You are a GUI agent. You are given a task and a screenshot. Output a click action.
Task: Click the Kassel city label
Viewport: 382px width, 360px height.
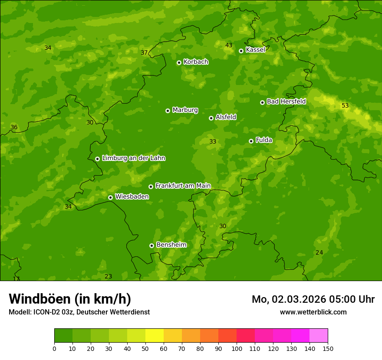pos(255,50)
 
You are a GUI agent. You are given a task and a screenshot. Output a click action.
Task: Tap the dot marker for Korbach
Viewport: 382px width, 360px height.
pos(179,62)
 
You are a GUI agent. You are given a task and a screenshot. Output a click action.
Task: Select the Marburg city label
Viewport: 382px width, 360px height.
pos(185,110)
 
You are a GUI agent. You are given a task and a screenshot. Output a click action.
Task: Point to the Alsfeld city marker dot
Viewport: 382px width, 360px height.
pos(211,118)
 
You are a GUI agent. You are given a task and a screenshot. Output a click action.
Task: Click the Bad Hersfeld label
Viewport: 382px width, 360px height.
pos(286,101)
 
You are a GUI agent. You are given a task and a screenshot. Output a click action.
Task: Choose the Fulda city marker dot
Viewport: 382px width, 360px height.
pos(251,141)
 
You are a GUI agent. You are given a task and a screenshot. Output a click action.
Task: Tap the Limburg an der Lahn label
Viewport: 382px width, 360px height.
pos(133,158)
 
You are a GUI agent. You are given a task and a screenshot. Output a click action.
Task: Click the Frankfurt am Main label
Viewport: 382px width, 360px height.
pos(183,186)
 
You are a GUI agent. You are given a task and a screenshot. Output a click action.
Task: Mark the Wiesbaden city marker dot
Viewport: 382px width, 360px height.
pos(110,197)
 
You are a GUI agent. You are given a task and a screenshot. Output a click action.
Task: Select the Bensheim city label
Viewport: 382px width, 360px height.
pos(171,245)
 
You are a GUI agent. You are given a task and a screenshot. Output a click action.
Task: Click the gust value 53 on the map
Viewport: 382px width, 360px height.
pos(345,106)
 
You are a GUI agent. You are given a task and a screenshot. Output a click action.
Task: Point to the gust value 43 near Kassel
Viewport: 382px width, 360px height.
pos(229,46)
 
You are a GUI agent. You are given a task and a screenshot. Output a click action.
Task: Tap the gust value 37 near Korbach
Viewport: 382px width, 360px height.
pos(144,53)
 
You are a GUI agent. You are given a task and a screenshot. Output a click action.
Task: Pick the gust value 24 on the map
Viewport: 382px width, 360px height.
pos(319,253)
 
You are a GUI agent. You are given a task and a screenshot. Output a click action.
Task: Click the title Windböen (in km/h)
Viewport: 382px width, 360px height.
pos(70,299)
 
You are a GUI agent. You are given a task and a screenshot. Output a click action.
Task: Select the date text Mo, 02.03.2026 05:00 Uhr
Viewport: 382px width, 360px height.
pos(313,299)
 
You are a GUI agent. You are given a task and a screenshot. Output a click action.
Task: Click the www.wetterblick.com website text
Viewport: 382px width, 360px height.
pos(313,312)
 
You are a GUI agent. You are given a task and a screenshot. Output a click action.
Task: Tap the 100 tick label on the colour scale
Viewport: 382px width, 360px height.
pos(237,349)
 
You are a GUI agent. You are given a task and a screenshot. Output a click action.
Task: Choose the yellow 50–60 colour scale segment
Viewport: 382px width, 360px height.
pos(155,336)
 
